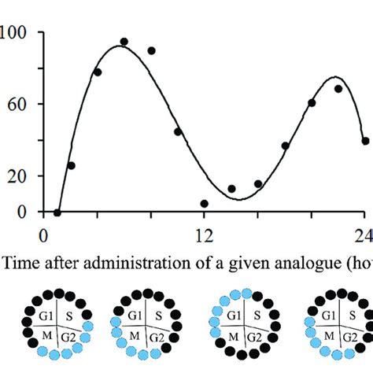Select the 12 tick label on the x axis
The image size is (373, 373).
pyautogui.click(x=204, y=235)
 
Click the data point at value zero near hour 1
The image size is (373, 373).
pyautogui.click(x=57, y=212)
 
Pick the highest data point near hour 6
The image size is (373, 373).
pyautogui.click(x=124, y=42)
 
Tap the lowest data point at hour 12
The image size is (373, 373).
pyautogui.click(x=205, y=203)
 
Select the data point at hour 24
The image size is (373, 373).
pyautogui.click(x=365, y=142)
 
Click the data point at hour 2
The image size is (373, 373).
pyautogui.click(x=71, y=165)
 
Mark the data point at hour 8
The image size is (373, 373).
pyautogui.click(x=151, y=50)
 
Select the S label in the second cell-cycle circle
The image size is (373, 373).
pyautogui.click(x=157, y=318)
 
